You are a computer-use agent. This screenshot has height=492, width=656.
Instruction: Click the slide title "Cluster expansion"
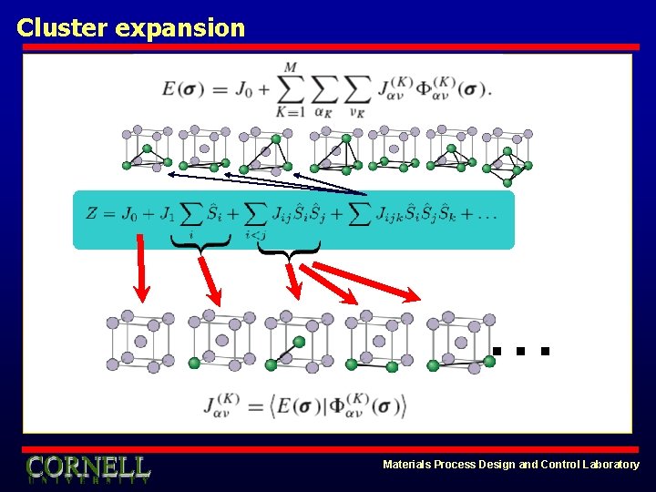coord(130,27)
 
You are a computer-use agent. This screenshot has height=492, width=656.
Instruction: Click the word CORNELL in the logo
coord(87,466)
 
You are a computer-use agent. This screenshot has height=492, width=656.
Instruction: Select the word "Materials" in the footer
coord(410,465)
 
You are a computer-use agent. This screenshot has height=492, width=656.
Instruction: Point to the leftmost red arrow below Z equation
coord(140,268)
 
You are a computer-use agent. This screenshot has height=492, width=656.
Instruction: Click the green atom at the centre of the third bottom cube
coord(299,343)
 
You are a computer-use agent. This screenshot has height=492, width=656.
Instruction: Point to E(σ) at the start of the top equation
coord(183,89)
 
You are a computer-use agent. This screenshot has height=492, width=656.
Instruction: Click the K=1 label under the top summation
coord(290,112)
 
